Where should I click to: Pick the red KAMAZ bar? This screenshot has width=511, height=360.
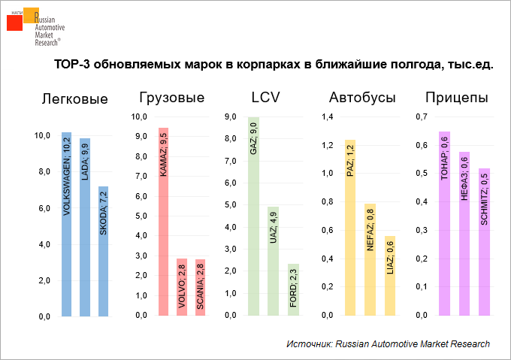click(163, 222)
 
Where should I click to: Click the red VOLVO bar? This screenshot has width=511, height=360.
click(182, 286)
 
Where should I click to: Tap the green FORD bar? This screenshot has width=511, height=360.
click(292, 289)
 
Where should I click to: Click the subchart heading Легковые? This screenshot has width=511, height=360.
click(75, 98)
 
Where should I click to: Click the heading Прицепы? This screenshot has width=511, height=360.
click(456, 98)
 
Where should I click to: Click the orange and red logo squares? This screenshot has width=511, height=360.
click(20, 19)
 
